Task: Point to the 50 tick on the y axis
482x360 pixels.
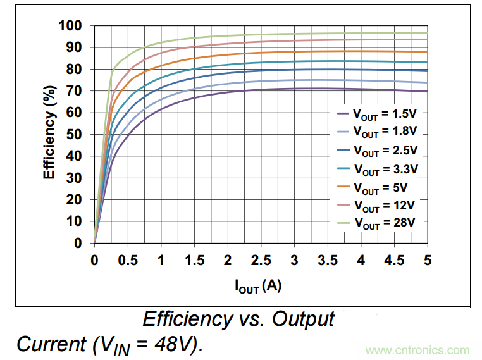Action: point(75,134)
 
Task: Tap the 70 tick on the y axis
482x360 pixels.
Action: point(75,91)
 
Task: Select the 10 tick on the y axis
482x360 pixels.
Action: point(75,221)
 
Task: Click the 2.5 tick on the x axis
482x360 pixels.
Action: point(261,261)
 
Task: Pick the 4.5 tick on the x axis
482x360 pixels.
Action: point(394,261)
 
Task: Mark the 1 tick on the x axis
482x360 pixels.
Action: point(161,261)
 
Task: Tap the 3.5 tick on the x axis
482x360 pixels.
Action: point(327,261)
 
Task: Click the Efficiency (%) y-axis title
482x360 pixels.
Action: point(49,135)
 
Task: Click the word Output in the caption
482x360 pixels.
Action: point(303,318)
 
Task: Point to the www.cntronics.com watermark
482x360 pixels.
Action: point(417,350)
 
